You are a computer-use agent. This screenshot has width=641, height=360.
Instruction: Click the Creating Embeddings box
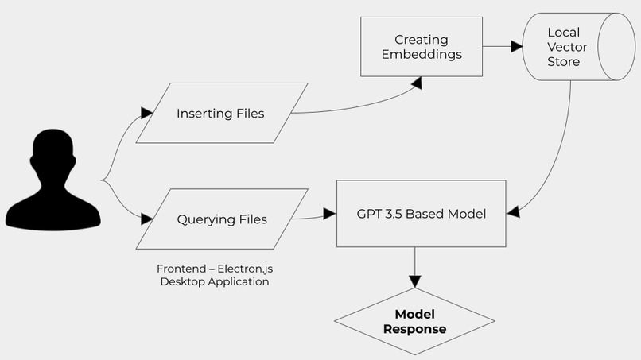click(x=421, y=47)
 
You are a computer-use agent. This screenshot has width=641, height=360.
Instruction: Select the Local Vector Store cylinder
click(x=579, y=47)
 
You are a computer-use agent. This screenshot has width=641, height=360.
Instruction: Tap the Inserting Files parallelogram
click(x=222, y=113)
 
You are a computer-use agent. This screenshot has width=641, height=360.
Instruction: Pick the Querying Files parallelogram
click(x=222, y=219)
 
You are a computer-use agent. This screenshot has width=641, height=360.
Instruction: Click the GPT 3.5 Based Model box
click(x=421, y=213)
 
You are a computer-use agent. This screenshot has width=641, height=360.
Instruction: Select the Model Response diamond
click(x=414, y=321)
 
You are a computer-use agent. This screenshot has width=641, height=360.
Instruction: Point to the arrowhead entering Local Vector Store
click(x=517, y=47)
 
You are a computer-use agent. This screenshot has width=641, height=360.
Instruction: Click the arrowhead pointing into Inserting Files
click(x=147, y=113)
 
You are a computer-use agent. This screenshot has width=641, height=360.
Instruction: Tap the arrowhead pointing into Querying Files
click(x=147, y=219)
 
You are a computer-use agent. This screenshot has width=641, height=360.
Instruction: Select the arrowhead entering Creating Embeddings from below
click(x=417, y=83)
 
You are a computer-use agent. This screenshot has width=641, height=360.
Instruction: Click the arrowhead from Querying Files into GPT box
click(x=329, y=213)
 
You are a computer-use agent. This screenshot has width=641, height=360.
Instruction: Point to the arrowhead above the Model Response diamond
click(x=414, y=281)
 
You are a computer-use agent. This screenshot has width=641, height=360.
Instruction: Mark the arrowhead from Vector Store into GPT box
click(x=514, y=211)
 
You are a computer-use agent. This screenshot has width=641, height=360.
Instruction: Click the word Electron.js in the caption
click(x=245, y=269)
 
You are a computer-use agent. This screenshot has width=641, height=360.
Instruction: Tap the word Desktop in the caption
click(x=180, y=281)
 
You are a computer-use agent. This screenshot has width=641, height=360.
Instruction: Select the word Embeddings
click(x=422, y=54)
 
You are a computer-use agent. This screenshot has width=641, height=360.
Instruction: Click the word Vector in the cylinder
click(x=567, y=47)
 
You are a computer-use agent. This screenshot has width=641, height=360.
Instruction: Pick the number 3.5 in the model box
click(x=393, y=214)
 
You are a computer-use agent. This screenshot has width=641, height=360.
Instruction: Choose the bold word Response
click(x=414, y=329)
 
